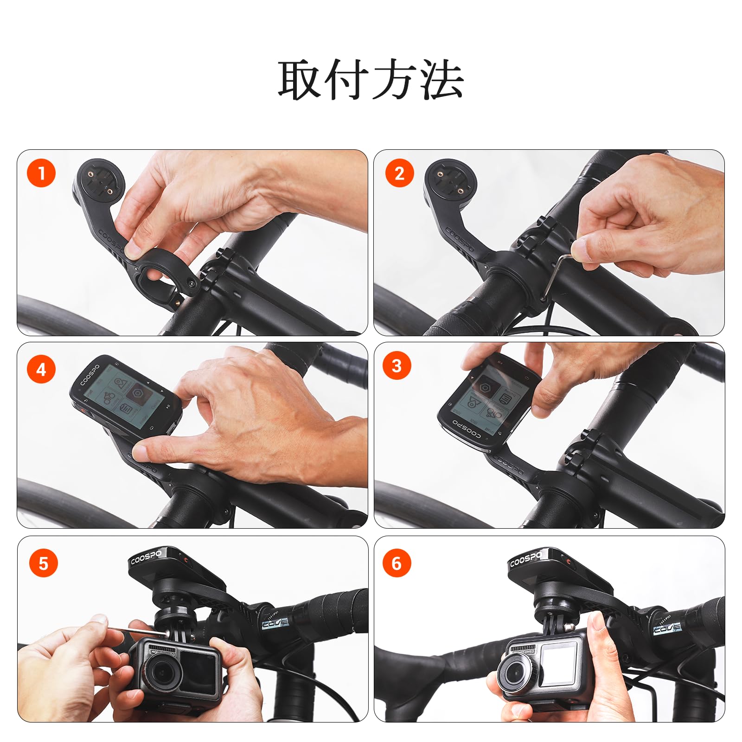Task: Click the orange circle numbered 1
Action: click(x=41, y=173)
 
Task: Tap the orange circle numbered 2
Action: click(x=399, y=173)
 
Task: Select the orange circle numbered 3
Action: click(x=397, y=366)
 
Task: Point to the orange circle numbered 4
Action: click(x=41, y=370)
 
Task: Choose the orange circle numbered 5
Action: click(x=43, y=563)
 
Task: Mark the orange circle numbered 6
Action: click(x=397, y=563)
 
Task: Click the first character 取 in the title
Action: click(x=300, y=80)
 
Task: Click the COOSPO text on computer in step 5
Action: click(x=146, y=557)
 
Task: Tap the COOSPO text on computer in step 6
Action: click(x=525, y=559)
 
